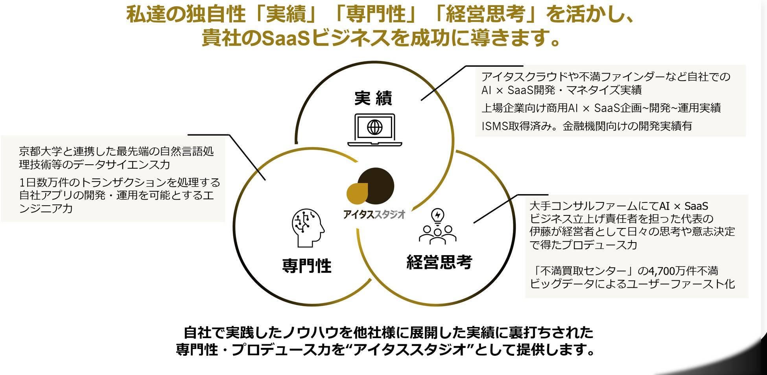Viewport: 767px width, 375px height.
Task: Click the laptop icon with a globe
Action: (374, 129)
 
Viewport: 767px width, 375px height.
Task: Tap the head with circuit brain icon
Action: (308, 228)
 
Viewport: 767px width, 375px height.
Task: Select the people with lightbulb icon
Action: (437, 227)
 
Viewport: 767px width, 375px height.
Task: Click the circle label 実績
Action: (373, 98)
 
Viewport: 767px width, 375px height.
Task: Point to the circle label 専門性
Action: (307, 266)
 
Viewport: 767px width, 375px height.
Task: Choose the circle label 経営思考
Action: (439, 262)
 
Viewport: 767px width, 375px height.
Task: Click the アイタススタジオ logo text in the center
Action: (374, 215)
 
